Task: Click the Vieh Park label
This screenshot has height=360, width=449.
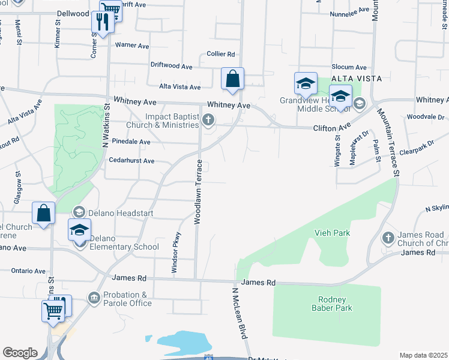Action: pyautogui.click(x=332, y=232)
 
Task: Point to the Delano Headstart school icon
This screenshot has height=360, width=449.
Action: pyautogui.click(x=79, y=212)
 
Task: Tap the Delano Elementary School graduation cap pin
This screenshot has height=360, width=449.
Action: pyautogui.click(x=79, y=231)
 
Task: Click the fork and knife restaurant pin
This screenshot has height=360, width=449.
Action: pyautogui.click(x=101, y=23)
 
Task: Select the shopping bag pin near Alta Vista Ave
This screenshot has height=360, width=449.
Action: pyautogui.click(x=232, y=79)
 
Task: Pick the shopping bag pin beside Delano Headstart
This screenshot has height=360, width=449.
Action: pyautogui.click(x=44, y=214)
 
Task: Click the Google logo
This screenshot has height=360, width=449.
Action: pyautogui.click(x=20, y=353)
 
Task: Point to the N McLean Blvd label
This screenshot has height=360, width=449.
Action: pyautogui.click(x=240, y=313)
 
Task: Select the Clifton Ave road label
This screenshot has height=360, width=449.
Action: pyautogui.click(x=331, y=128)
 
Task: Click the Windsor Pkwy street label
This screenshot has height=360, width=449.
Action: pyautogui.click(x=175, y=253)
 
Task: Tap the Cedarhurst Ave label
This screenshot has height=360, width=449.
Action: pyautogui.click(x=131, y=161)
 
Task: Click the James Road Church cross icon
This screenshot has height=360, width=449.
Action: pyautogui.click(x=388, y=238)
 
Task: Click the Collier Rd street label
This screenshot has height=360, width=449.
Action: pyautogui.click(x=220, y=54)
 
